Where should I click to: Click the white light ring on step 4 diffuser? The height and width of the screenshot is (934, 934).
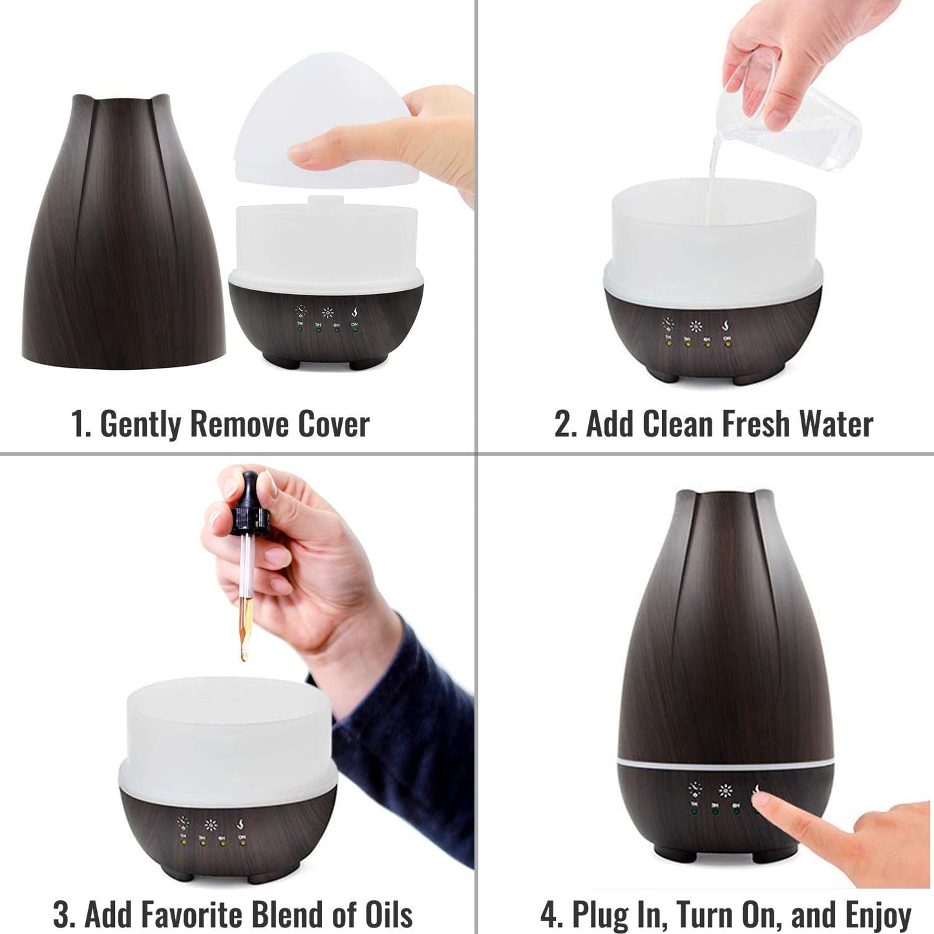point(724,764)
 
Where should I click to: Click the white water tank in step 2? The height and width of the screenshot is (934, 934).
point(711,239)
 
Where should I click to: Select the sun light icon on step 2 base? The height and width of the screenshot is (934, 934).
point(695,327)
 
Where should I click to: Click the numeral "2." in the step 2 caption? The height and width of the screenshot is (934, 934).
point(566,425)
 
